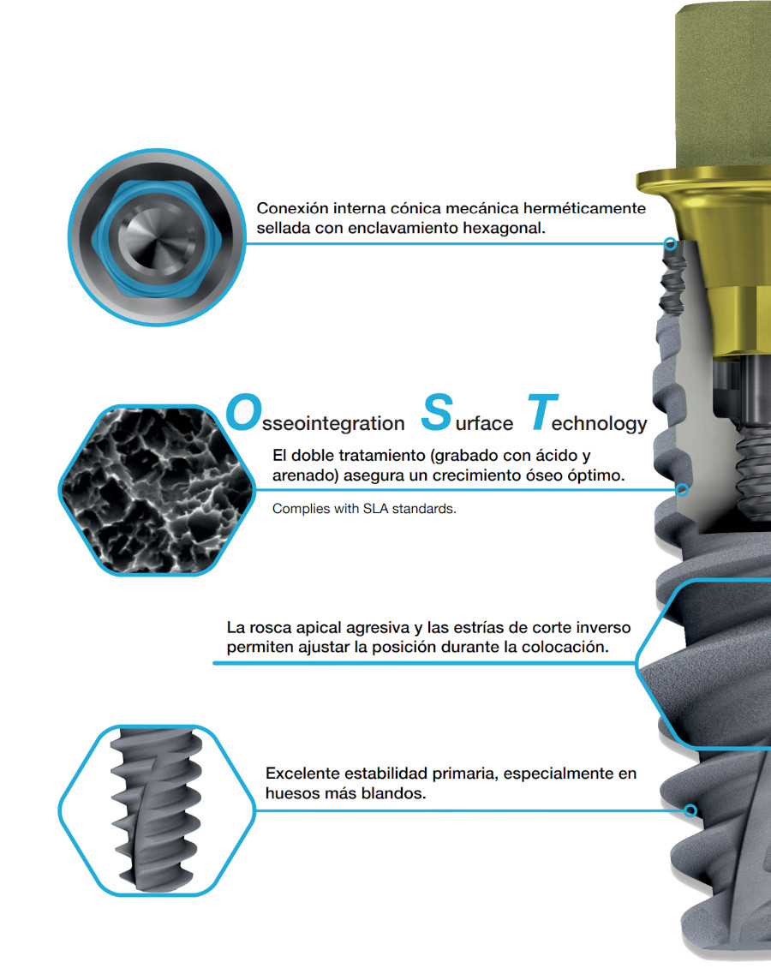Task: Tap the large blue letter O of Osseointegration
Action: tap(243, 412)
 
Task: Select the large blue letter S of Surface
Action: tap(437, 412)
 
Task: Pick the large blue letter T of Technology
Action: tap(542, 412)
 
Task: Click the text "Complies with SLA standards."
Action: tap(364, 509)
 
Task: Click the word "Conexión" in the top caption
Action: tap(292, 208)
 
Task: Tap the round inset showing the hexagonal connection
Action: tap(157, 237)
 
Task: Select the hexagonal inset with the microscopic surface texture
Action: tap(157, 490)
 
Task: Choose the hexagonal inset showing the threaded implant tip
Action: tap(157, 810)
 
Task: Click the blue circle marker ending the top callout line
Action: tap(670, 243)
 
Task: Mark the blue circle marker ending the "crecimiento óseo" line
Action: tap(682, 489)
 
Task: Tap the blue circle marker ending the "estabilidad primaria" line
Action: tap(690, 810)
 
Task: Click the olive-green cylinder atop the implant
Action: tap(722, 87)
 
